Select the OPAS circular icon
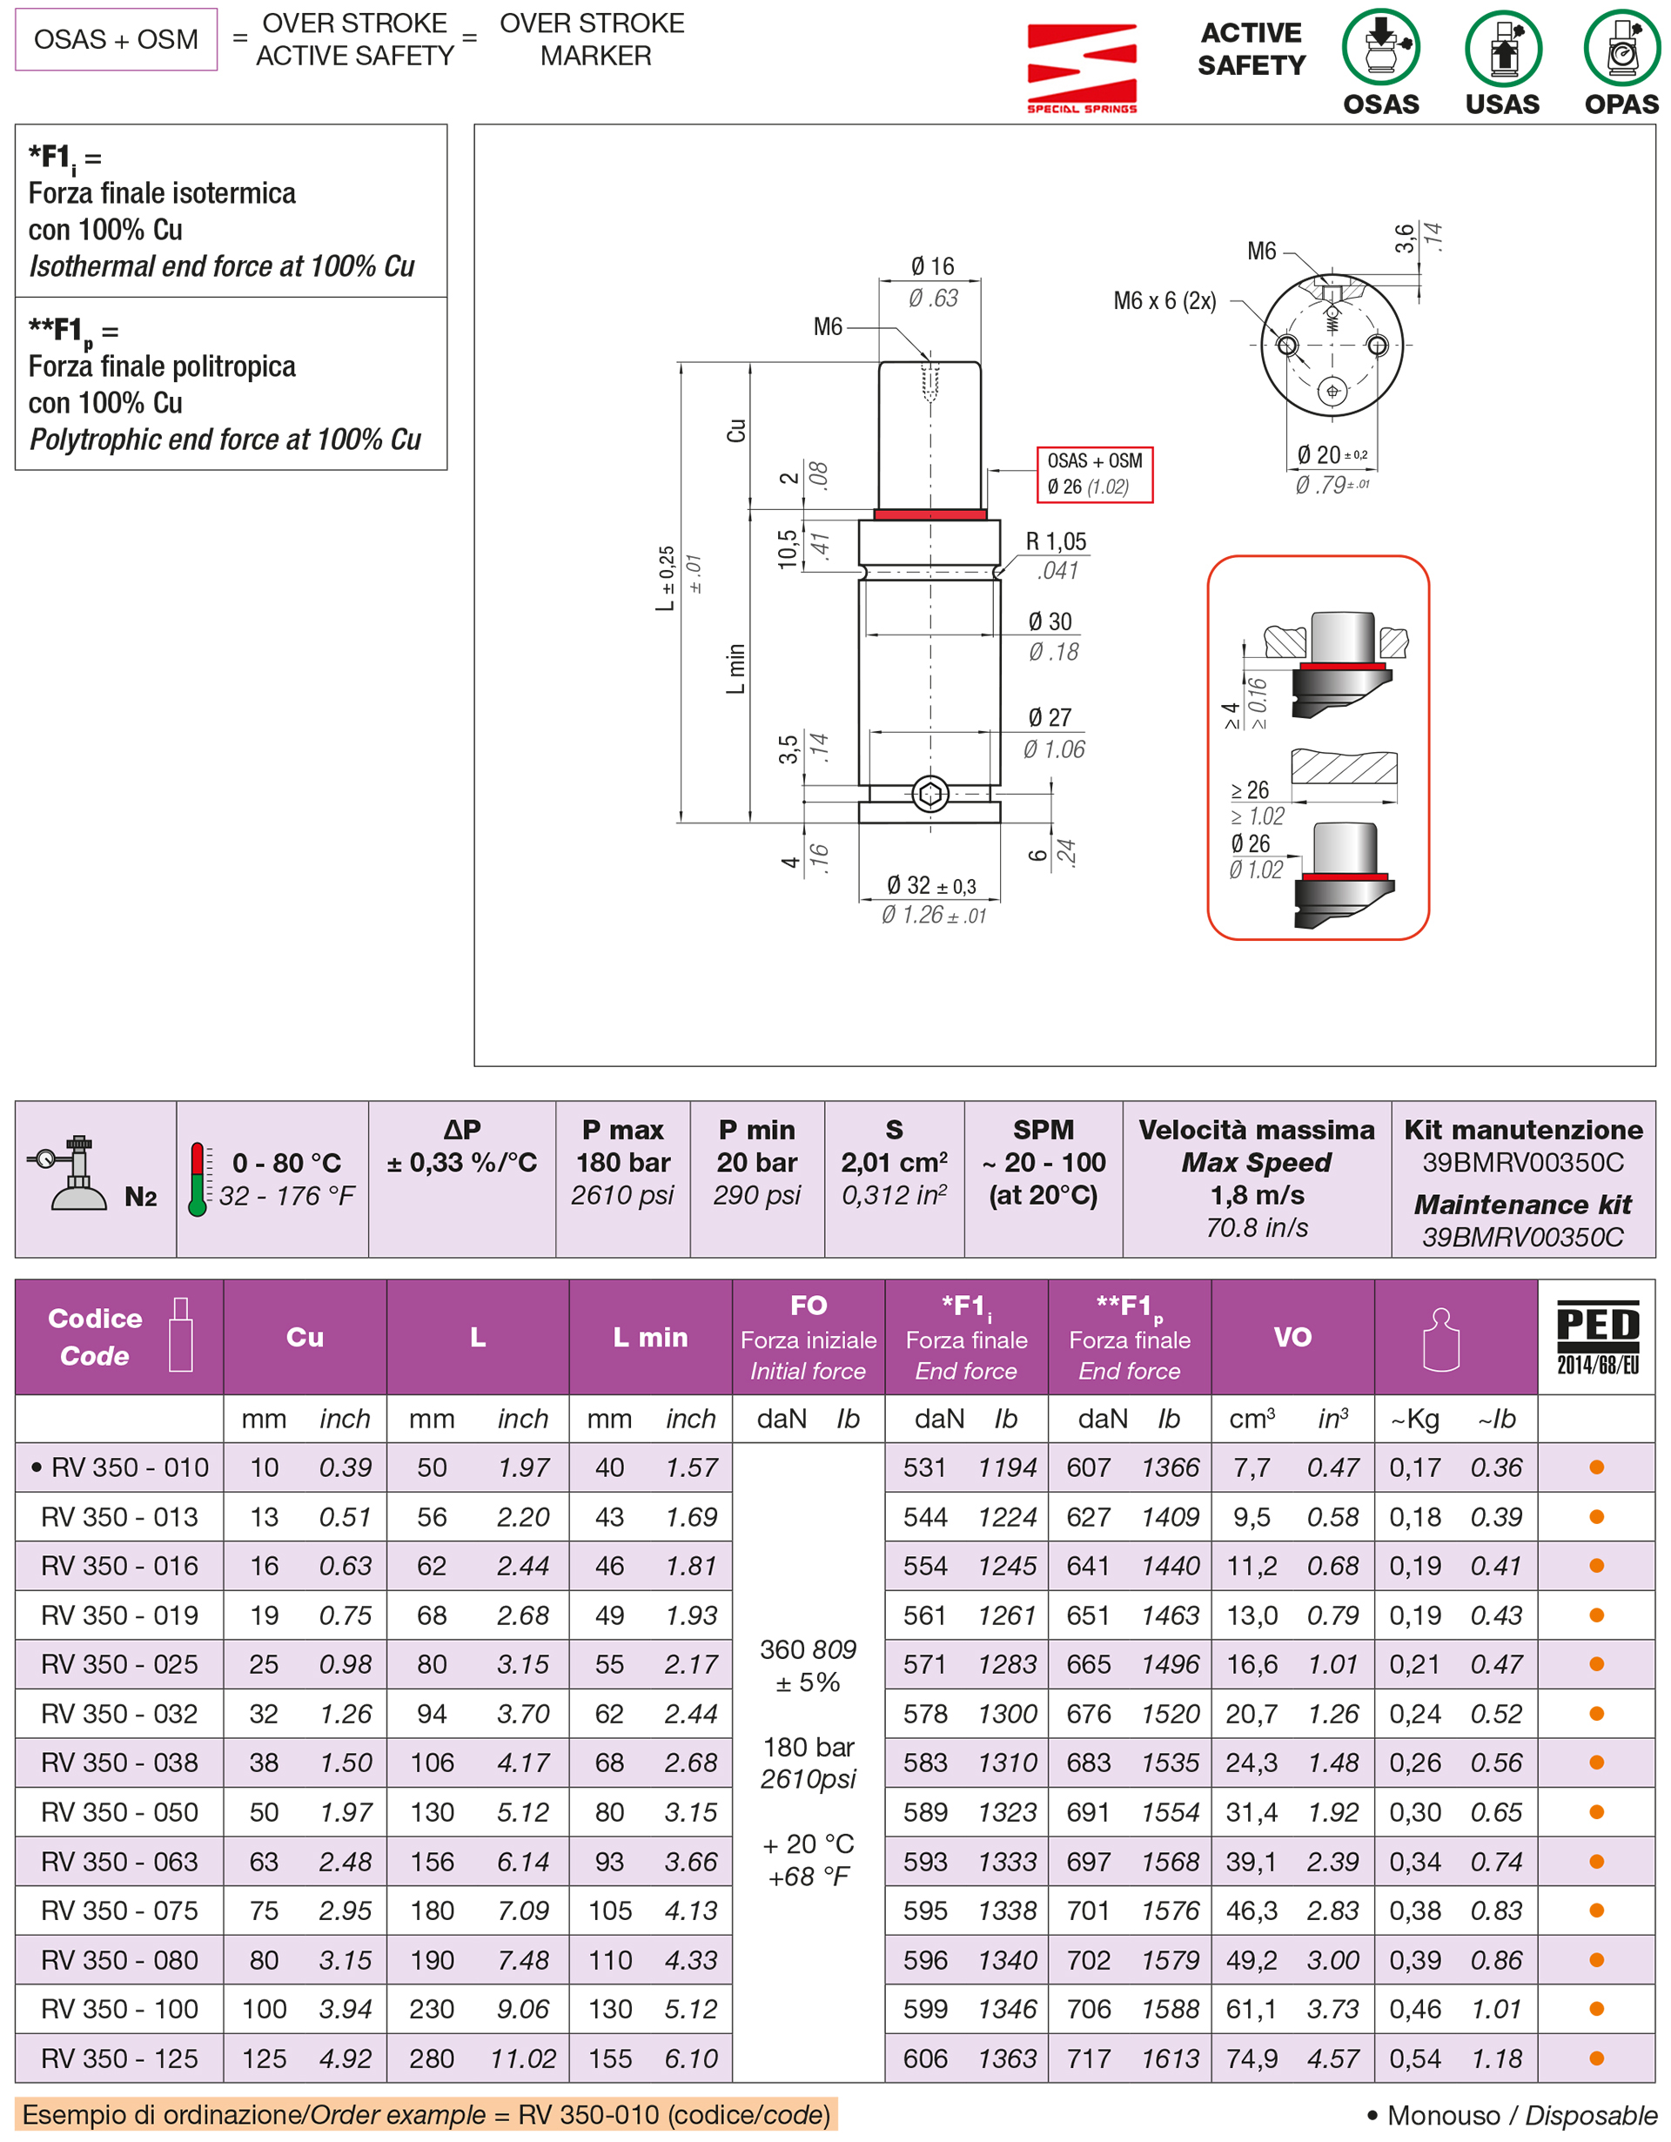coord(1621,47)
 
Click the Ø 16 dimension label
coord(931,265)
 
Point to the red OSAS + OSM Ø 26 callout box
coord(1094,474)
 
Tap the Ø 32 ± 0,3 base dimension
coord(930,886)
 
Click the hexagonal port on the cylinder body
coord(929,794)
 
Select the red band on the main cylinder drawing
coord(929,514)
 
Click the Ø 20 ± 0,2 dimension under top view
coord(1331,455)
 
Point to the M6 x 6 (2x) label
coord(1164,301)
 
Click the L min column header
coord(650,1337)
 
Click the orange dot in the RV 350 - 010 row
coord(1595,1467)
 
